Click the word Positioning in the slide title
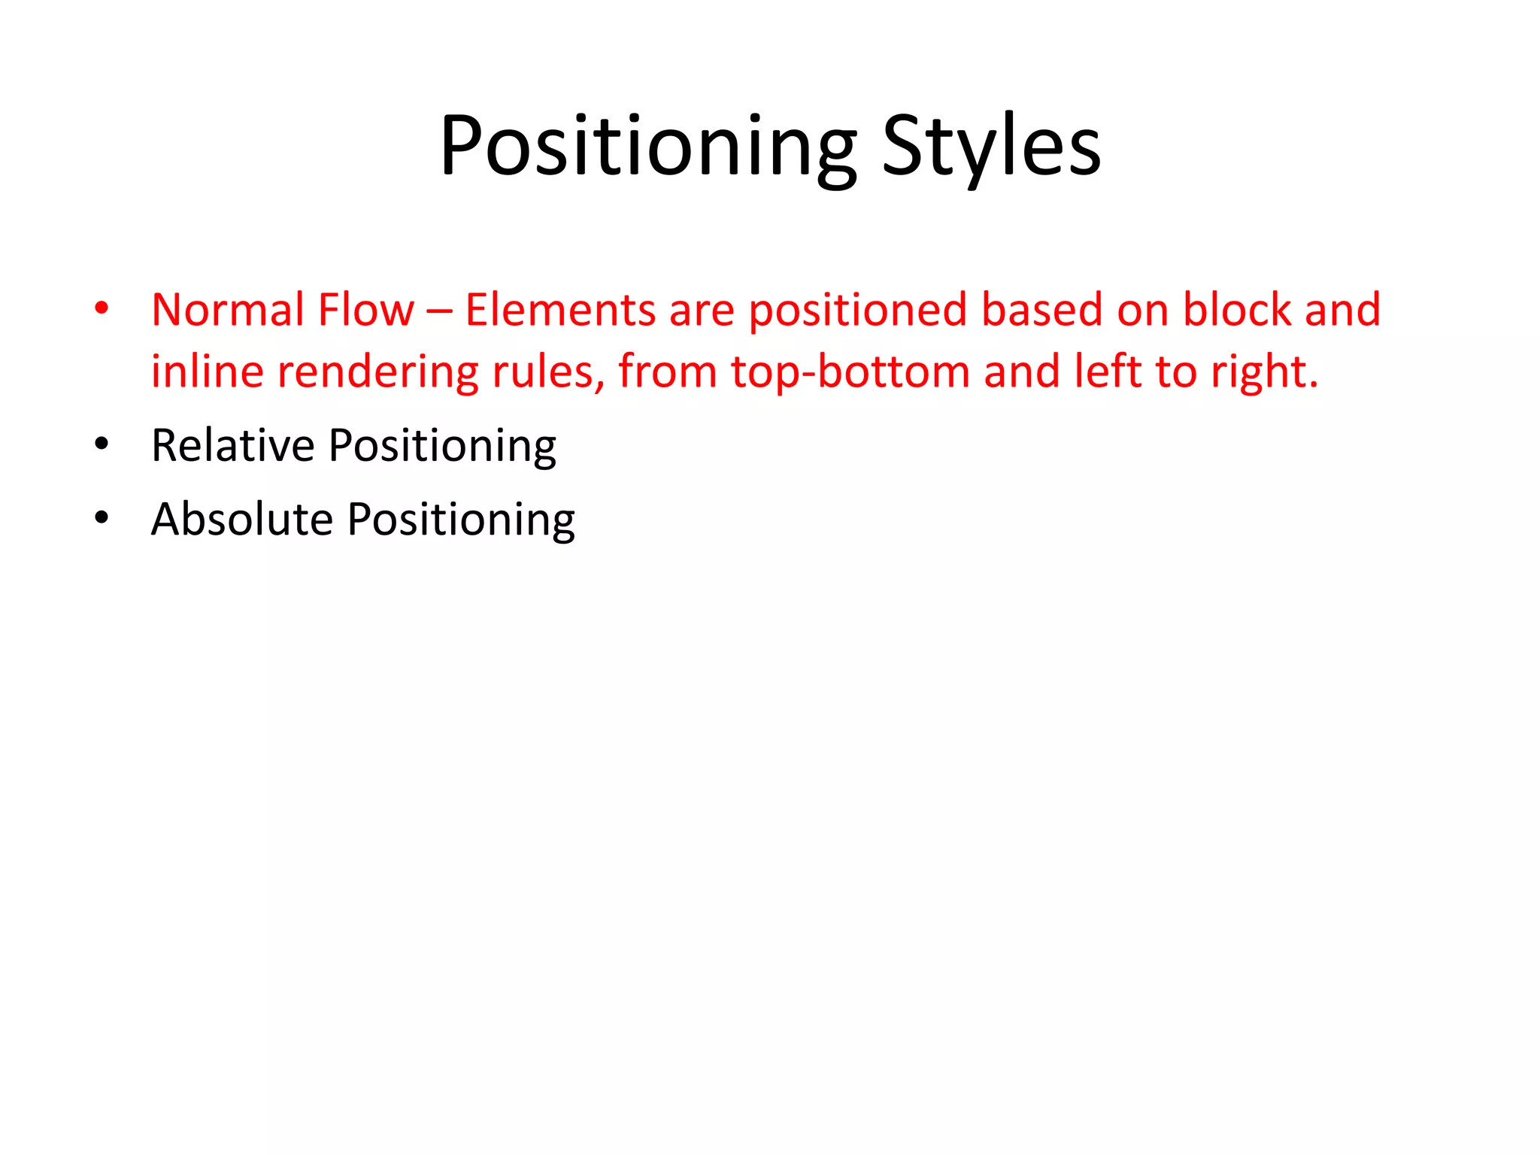tap(647, 147)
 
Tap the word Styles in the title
tap(991, 147)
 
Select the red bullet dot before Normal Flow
tap(102, 308)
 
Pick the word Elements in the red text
tap(560, 310)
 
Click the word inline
tap(208, 371)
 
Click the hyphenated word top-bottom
tap(850, 373)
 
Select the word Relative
tap(232, 445)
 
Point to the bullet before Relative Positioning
tap(102, 444)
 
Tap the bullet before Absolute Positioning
tap(102, 517)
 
